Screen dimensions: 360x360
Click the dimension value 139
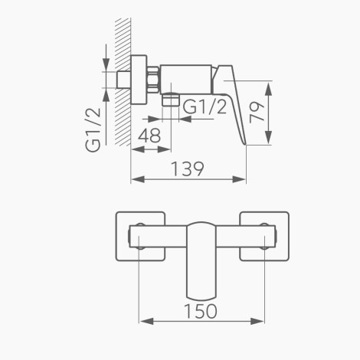(187, 169)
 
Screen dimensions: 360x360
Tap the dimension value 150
(201, 311)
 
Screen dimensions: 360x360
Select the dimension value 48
(149, 136)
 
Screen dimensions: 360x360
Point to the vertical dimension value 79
(257, 113)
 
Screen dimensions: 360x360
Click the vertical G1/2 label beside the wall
(93, 130)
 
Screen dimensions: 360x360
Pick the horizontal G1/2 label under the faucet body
(205, 106)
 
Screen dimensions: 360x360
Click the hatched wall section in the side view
(123, 82)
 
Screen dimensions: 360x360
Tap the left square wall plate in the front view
(140, 237)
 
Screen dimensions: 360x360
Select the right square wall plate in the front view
(264, 237)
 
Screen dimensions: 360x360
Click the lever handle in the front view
(201, 260)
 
